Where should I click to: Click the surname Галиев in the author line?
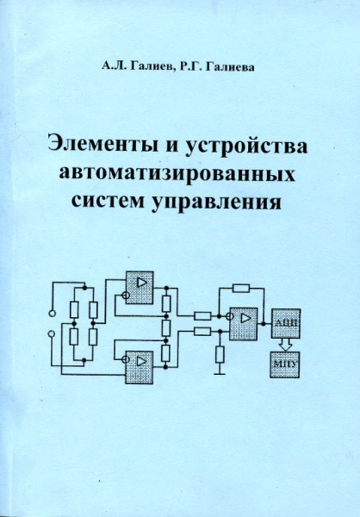(150, 67)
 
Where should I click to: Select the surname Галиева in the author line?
(231, 67)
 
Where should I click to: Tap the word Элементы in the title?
(102, 146)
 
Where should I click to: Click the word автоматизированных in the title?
(177, 173)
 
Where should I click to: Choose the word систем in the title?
(109, 201)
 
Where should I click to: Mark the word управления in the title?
(217, 202)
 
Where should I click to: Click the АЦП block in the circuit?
(285, 323)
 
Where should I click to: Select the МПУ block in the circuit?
(285, 364)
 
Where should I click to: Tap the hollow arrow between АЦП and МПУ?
(285, 345)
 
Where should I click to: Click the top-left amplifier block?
(140, 288)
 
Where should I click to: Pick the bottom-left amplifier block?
(140, 367)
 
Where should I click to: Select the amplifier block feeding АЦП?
(243, 324)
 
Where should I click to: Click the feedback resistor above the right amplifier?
(241, 288)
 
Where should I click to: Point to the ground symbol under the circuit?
(220, 374)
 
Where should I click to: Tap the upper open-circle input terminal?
(52, 313)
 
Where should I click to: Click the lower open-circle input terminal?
(52, 334)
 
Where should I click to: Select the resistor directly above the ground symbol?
(220, 354)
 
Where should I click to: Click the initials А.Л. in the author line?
(113, 66)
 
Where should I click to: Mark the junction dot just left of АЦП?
(263, 323)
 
